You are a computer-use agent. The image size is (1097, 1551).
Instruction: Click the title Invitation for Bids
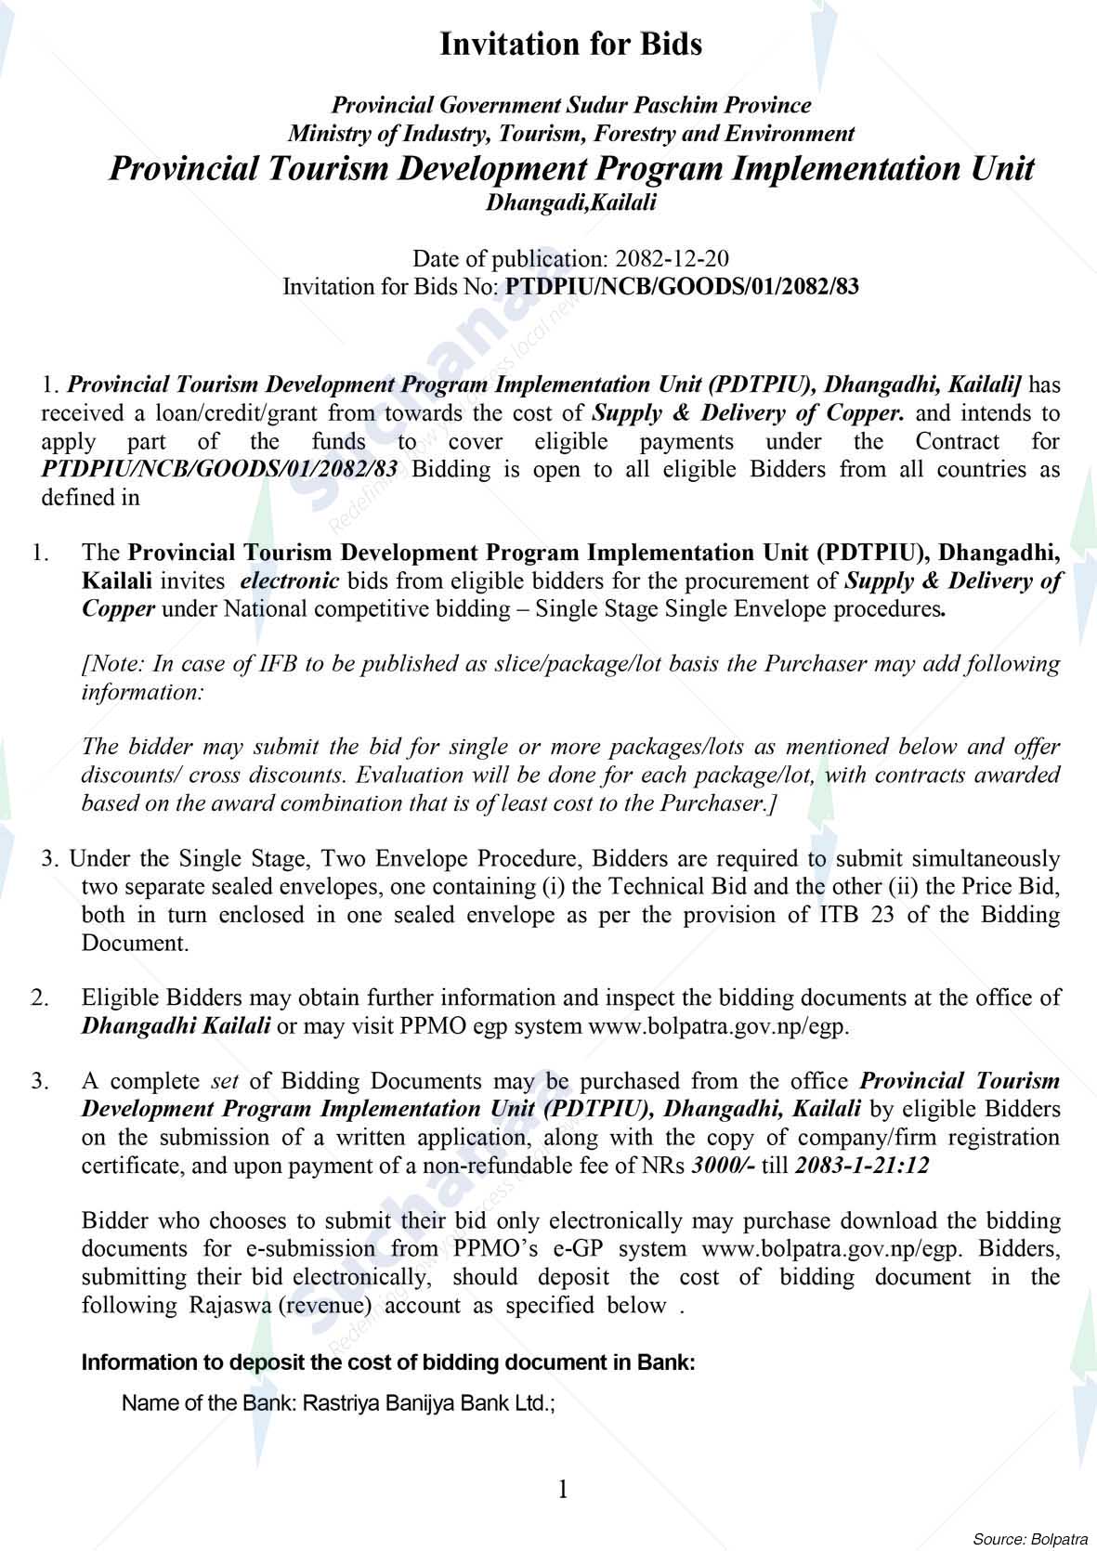(x=570, y=44)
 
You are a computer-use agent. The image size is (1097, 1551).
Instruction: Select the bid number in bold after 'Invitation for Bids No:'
(x=681, y=286)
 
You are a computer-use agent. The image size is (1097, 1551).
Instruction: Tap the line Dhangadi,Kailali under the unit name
(x=570, y=202)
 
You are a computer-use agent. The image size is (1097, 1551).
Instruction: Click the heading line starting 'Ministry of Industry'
(x=570, y=134)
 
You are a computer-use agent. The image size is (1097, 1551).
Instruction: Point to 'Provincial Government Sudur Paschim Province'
(x=570, y=106)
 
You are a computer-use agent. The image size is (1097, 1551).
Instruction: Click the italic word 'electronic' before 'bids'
(x=290, y=581)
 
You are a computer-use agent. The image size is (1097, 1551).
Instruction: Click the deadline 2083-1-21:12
(x=862, y=1166)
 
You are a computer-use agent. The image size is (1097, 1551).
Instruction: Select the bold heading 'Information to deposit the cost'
(x=387, y=1363)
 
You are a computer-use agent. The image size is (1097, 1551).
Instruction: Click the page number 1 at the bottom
(x=562, y=1490)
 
